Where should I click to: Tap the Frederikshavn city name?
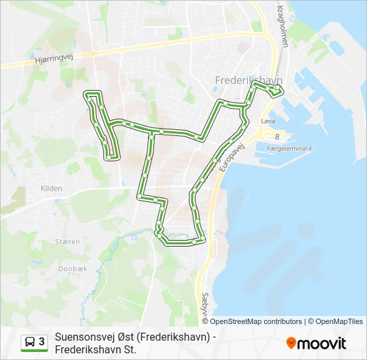point(248,80)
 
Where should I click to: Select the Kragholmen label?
point(283,26)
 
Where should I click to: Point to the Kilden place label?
point(51,189)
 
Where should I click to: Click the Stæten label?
point(68,241)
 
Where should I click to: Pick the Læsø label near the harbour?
point(269,122)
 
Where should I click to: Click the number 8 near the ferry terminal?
point(277,136)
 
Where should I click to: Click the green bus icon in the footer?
point(30,342)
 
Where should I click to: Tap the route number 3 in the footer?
point(41,342)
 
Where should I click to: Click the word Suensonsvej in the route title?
point(84,336)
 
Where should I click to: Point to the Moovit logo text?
point(322,343)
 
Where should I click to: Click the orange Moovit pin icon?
point(291,343)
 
